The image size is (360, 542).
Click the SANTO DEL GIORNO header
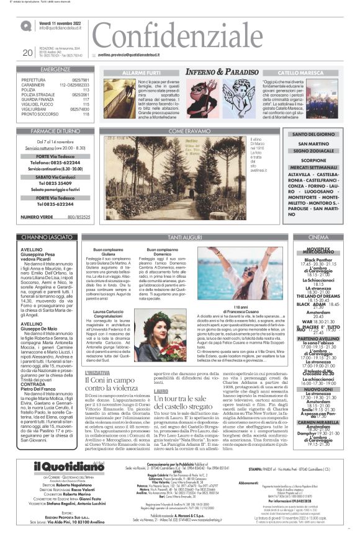313,135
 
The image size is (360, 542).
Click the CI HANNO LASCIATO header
50,237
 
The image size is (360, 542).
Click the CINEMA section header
318,237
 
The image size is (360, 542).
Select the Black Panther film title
318,259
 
